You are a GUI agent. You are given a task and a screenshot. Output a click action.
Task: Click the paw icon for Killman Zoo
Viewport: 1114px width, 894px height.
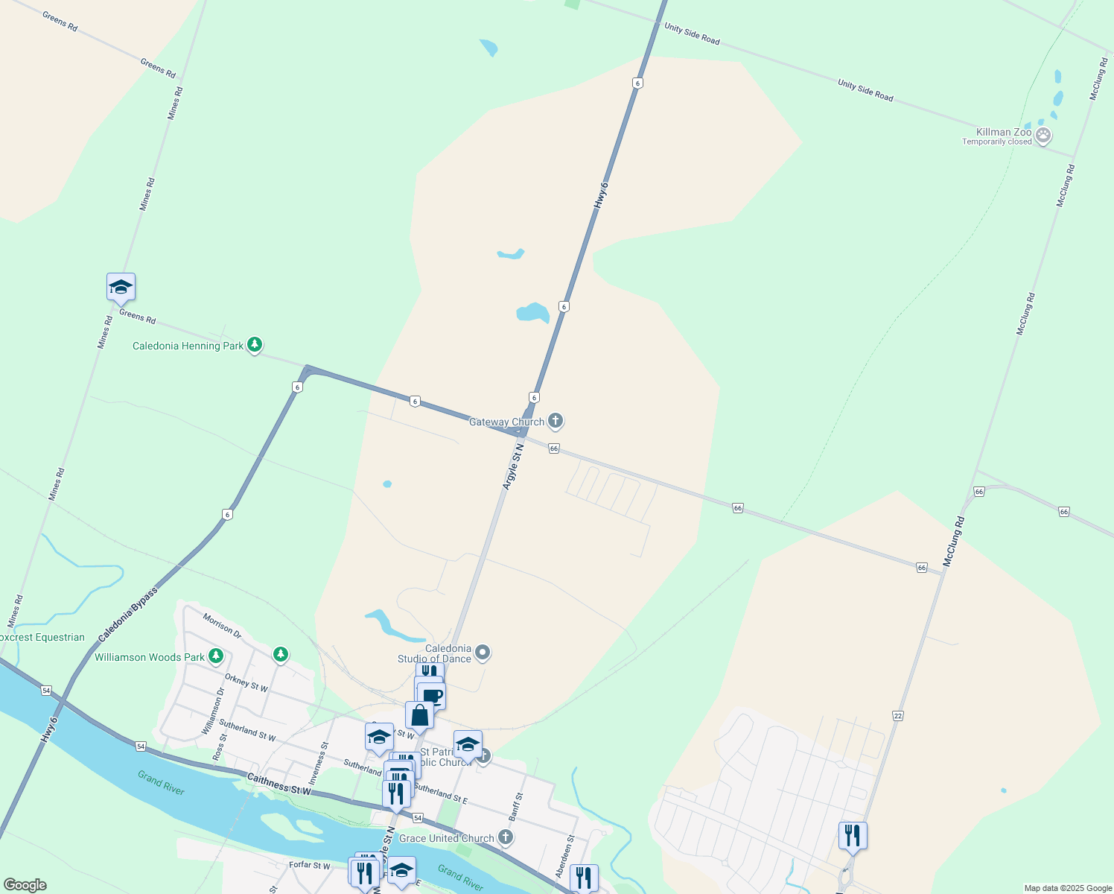point(1043,136)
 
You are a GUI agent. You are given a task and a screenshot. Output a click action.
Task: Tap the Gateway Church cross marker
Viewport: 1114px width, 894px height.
point(555,421)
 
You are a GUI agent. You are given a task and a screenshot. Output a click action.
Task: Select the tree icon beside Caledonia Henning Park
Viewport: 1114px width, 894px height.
point(255,344)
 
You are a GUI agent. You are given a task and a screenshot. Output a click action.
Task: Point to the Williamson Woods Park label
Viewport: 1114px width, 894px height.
point(149,657)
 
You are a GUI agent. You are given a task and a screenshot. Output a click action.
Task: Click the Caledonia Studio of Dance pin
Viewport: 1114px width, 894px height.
point(483,653)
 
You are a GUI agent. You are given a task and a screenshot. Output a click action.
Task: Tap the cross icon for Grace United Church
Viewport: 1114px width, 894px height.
point(506,837)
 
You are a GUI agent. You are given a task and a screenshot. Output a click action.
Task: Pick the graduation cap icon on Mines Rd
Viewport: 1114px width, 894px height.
point(121,287)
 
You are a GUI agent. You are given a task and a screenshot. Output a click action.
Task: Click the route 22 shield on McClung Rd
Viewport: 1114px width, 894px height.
point(897,715)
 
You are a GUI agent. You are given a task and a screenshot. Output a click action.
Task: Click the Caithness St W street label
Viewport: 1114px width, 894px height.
point(278,784)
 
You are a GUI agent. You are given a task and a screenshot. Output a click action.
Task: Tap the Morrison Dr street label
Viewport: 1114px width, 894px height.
point(222,626)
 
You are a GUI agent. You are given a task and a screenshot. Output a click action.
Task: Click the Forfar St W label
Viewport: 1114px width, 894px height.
point(309,866)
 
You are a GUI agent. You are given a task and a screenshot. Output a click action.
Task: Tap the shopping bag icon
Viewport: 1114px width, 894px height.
point(419,715)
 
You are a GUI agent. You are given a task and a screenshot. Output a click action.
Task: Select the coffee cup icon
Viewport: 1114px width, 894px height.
point(432,697)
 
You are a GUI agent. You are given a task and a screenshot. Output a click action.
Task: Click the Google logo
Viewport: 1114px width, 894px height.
point(25,885)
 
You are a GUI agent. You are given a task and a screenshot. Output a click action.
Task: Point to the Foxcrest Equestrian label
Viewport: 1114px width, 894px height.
point(42,637)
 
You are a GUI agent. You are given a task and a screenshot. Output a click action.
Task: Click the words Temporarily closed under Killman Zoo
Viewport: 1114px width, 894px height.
point(996,142)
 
